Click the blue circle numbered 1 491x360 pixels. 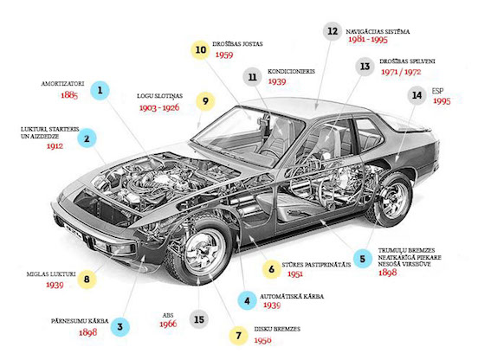tap(100, 91)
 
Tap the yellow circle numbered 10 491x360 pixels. tap(201, 50)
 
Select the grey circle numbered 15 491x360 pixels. tap(199, 319)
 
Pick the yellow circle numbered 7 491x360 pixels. tap(239, 336)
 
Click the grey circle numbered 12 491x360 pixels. tap(333, 31)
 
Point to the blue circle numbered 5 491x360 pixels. tap(363, 259)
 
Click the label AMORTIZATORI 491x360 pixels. tap(62, 84)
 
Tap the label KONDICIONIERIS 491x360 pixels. tap(291, 71)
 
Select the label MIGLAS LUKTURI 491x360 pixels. tap(51, 274)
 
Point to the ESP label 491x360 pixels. tap(438, 91)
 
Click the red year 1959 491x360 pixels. tap(224, 55)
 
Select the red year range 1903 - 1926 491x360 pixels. tap(159, 107)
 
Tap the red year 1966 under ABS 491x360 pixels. tap(168, 324)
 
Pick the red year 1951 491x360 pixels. tap(295, 274)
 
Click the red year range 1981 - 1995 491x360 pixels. tap(368, 40)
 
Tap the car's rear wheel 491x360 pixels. tap(391, 200)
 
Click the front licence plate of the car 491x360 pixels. tap(73, 230)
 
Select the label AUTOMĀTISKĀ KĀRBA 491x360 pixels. tap(292, 296)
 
